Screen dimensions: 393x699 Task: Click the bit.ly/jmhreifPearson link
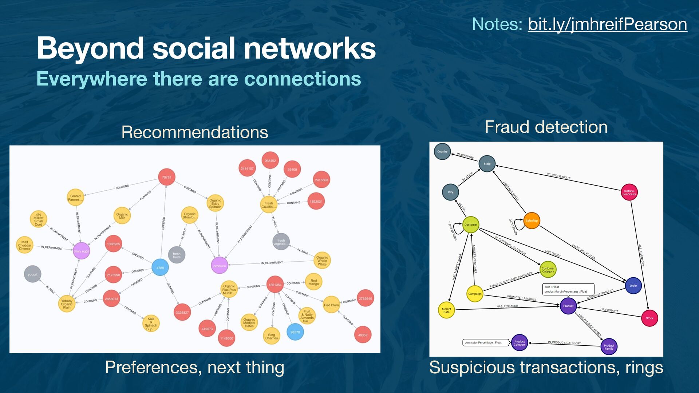coord(607,24)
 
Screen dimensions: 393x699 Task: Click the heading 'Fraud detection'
coord(546,127)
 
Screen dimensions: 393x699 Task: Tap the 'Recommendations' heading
coord(195,132)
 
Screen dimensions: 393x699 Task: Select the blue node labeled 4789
coord(160,267)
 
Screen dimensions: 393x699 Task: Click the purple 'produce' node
coord(220,266)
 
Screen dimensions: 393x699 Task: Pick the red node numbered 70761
coord(167,177)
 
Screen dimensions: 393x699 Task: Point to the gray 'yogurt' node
coord(32,274)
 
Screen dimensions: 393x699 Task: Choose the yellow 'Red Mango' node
coord(313,282)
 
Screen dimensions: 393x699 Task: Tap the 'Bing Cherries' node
coord(272,336)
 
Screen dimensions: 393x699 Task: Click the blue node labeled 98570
coord(295,332)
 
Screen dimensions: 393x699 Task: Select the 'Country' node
coord(442,151)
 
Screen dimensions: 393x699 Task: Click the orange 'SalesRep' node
coord(532,221)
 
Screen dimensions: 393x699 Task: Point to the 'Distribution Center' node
coord(629,192)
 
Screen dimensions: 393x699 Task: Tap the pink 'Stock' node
coord(649,318)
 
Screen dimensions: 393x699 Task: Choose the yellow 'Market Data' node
coord(446,310)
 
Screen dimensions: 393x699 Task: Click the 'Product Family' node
coord(609,347)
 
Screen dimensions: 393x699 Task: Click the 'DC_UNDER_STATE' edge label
coord(558,176)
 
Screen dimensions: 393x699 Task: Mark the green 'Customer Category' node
coord(548,270)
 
